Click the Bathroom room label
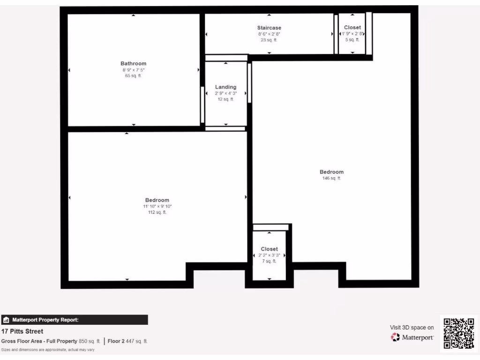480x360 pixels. pyautogui.click(x=133, y=64)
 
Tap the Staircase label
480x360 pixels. pyautogui.click(x=269, y=28)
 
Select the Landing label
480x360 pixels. pyautogui.click(x=225, y=87)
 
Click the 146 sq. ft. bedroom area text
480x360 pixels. pyautogui.click(x=331, y=178)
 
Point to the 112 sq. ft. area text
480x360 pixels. pyautogui.click(x=157, y=212)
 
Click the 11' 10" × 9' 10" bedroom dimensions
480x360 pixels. pyautogui.click(x=157, y=206)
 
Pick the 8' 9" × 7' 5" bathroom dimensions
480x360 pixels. pyautogui.click(x=134, y=70)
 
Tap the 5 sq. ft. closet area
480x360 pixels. pyautogui.click(x=352, y=40)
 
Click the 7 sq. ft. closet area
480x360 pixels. pyautogui.click(x=269, y=261)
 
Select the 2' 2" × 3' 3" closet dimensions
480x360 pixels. pyautogui.click(x=269, y=255)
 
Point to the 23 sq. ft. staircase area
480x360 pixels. pyautogui.click(x=269, y=40)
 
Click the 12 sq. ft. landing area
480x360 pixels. pyautogui.click(x=225, y=99)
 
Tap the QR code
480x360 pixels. pyautogui.click(x=458, y=333)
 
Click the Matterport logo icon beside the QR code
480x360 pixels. pyautogui.click(x=396, y=337)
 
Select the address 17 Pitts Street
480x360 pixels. pyautogui.click(x=22, y=331)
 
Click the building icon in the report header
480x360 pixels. pyautogui.click(x=6, y=320)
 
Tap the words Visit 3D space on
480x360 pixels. pyautogui.click(x=412, y=328)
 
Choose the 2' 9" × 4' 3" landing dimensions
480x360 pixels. pyautogui.click(x=225, y=93)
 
